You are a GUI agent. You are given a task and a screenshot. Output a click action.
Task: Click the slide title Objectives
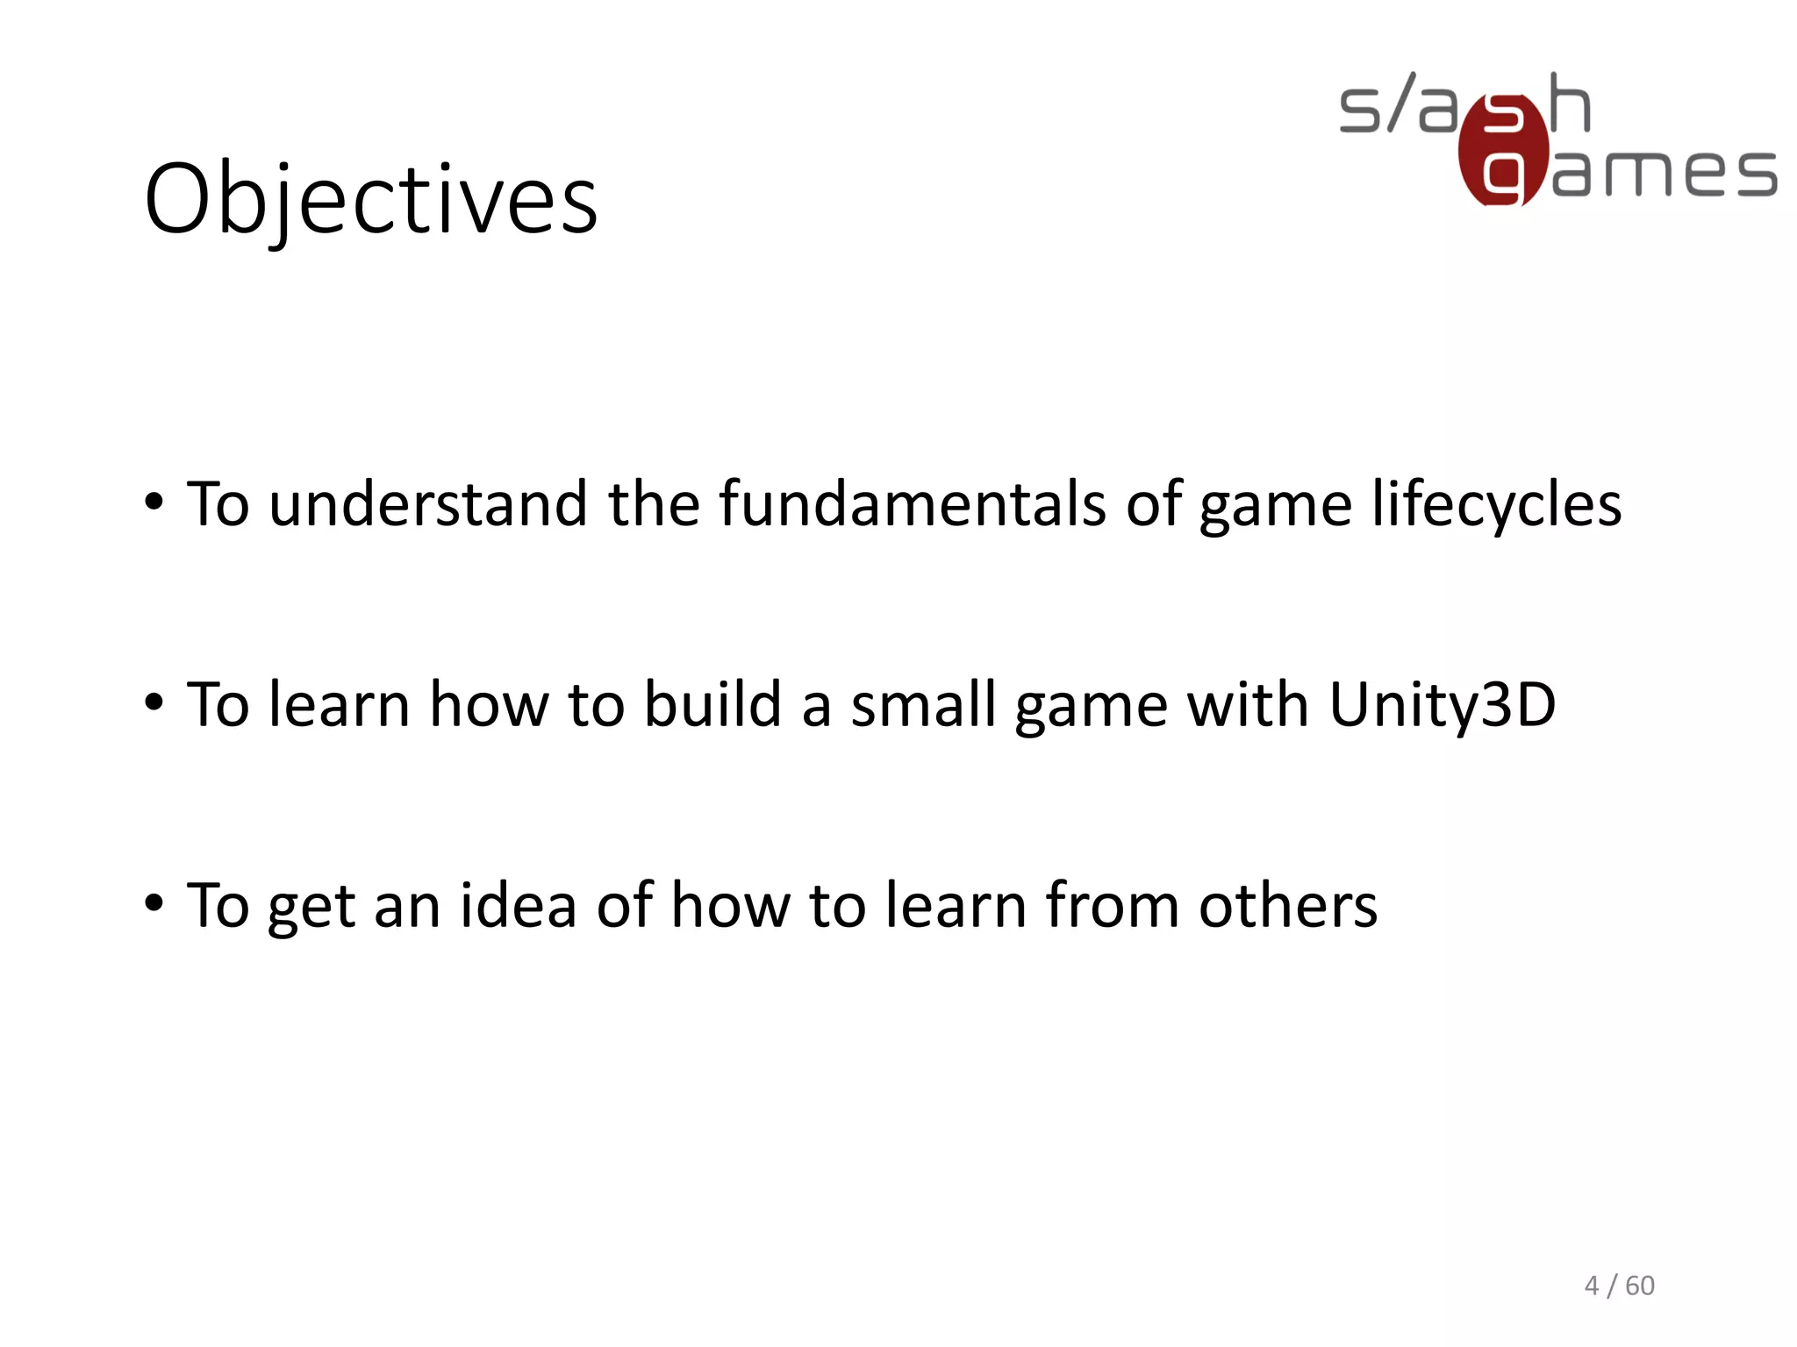click(x=371, y=199)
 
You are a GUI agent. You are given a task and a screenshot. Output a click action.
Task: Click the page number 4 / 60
click(x=1619, y=1286)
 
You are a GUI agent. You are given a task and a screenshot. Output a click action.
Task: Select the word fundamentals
click(x=913, y=504)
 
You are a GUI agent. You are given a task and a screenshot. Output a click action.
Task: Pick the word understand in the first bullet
click(x=428, y=504)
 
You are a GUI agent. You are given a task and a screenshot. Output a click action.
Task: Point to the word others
click(x=1288, y=905)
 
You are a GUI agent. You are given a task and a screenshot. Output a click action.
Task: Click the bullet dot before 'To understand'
click(x=154, y=503)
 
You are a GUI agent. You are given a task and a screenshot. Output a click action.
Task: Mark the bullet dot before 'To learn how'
click(x=154, y=703)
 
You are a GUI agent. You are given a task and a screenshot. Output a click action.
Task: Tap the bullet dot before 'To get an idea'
click(x=154, y=903)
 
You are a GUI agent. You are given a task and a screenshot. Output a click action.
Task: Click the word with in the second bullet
click(x=1248, y=704)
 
